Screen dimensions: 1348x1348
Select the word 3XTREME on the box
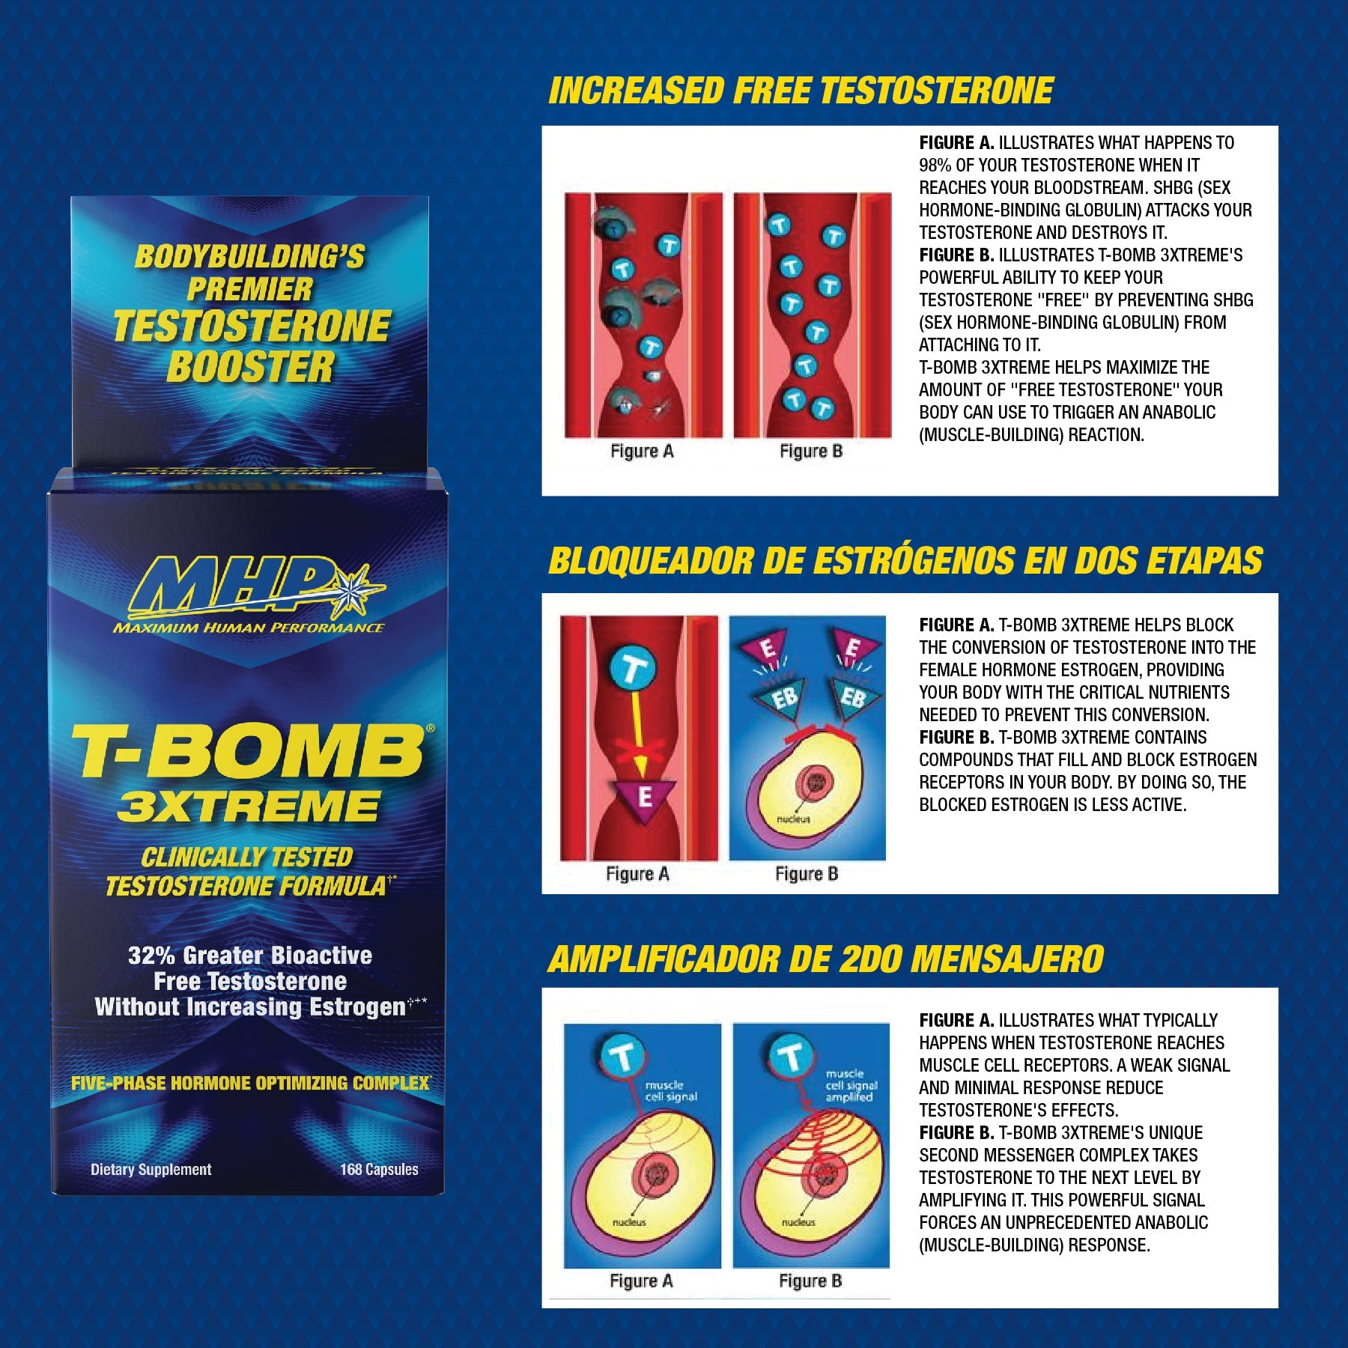[249, 807]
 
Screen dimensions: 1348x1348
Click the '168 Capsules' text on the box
[379, 1169]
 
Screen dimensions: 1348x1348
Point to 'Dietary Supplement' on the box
[151, 1169]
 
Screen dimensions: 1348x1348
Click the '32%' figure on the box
[151, 956]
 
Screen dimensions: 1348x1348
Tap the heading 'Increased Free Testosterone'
[801, 91]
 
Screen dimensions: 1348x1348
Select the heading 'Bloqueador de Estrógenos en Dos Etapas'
[905, 561]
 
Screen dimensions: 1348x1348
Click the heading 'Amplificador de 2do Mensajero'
[825, 959]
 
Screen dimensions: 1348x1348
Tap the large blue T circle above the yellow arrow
[633, 670]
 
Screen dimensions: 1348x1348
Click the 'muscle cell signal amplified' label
[851, 1085]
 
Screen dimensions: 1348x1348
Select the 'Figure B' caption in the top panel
[811, 451]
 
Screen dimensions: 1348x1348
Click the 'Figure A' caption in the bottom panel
[641, 1281]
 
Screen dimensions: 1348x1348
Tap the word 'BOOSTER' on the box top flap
[249, 367]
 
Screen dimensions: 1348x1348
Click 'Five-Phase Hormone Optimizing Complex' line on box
[250, 1083]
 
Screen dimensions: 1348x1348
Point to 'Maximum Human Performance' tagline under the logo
[248, 628]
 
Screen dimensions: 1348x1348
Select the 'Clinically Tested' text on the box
[247, 857]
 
